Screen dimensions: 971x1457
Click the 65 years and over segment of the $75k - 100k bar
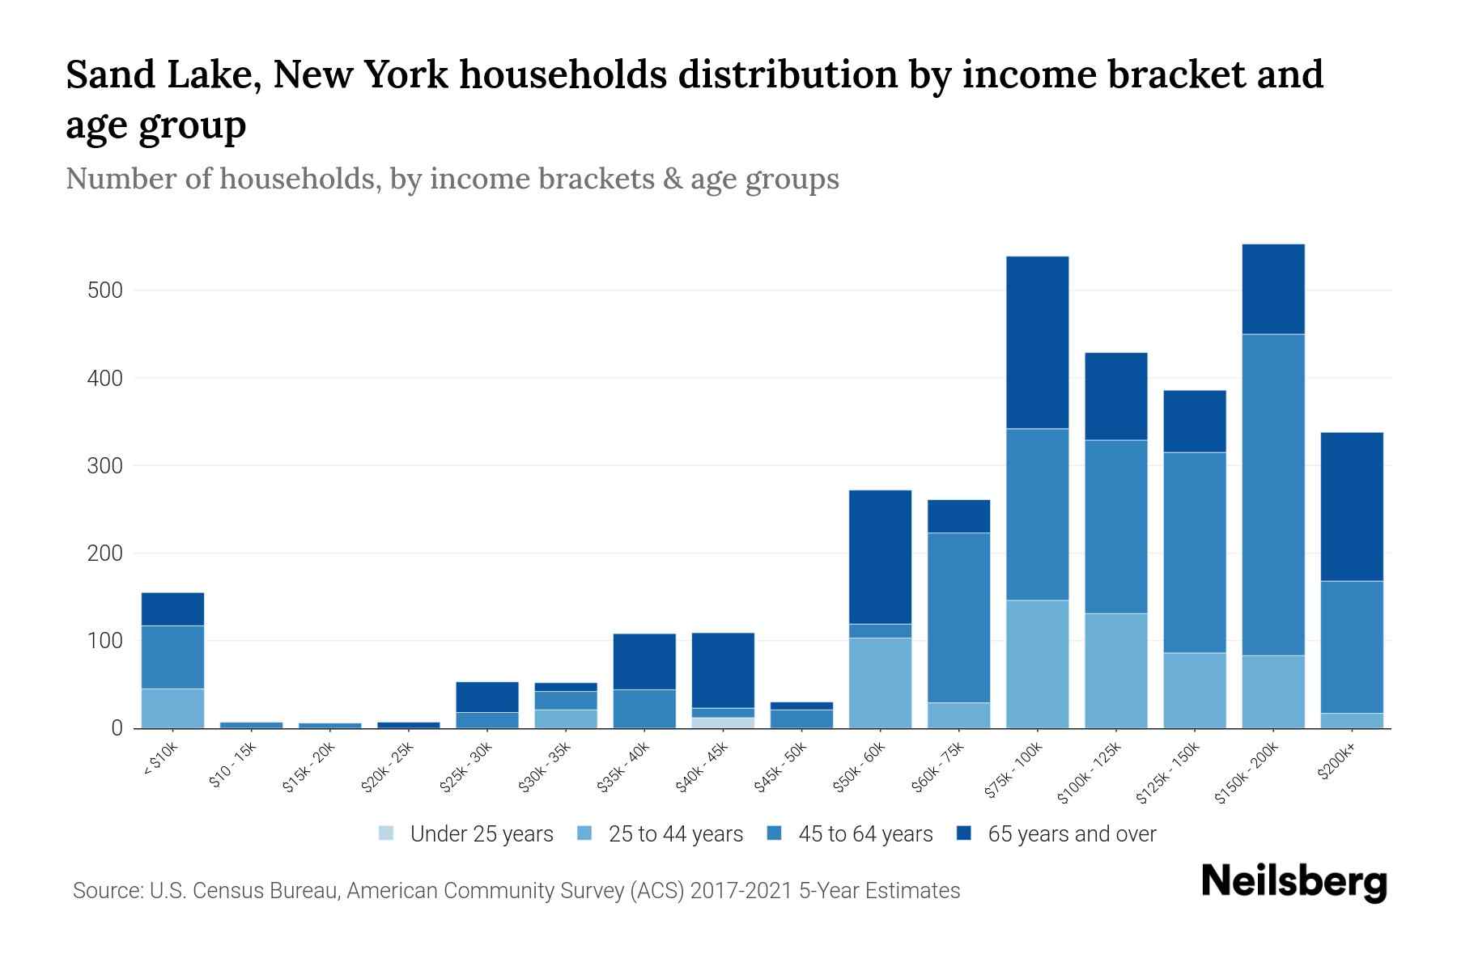(x=1037, y=342)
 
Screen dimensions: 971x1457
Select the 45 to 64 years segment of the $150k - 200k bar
(x=1273, y=494)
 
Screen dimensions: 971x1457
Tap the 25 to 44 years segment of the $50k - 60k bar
(x=880, y=683)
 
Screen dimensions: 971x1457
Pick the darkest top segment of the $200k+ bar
(x=1352, y=507)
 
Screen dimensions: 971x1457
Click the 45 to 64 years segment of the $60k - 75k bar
(x=958, y=617)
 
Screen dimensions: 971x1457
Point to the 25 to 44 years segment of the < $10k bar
(x=172, y=708)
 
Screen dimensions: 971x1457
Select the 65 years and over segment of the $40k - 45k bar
(x=723, y=670)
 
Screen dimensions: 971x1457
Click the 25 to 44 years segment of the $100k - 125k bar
(x=1116, y=671)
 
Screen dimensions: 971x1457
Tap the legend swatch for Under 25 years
(x=387, y=833)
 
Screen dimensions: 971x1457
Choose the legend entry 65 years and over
(x=1071, y=834)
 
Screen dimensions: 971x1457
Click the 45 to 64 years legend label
(x=864, y=834)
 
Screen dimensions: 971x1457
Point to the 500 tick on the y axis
(x=104, y=290)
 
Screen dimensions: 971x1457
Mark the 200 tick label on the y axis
(x=104, y=553)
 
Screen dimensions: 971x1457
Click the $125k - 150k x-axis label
(x=1171, y=774)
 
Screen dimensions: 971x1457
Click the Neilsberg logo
(x=1293, y=882)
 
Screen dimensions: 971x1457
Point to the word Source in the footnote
(x=108, y=891)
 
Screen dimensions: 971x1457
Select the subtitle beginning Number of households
(x=452, y=179)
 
